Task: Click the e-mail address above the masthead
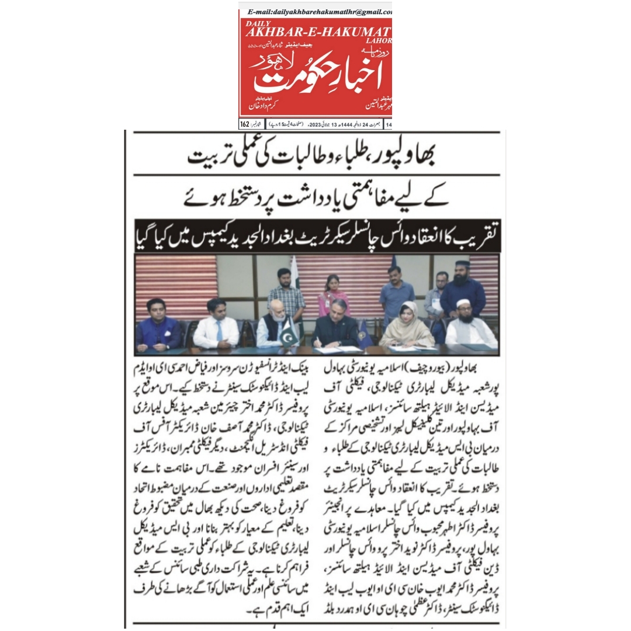[x=320, y=11]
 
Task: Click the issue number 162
[x=245, y=124]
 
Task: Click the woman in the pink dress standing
[x=334, y=295]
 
